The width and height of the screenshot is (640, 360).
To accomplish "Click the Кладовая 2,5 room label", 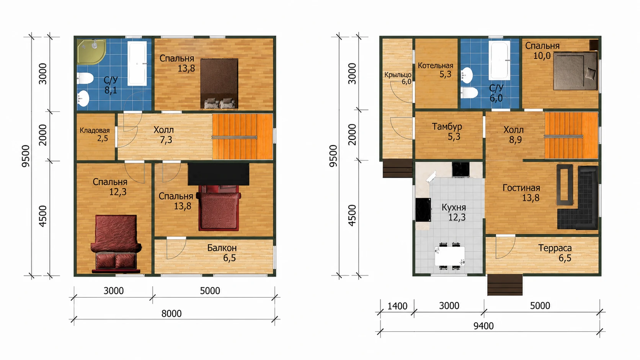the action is tap(95, 134).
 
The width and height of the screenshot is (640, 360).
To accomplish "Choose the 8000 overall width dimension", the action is tap(171, 313).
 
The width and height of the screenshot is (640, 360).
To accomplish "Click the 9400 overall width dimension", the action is tap(483, 326).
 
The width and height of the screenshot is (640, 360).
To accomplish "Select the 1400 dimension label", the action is tap(397, 306).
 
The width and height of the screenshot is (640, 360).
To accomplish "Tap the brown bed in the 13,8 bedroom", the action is tap(219, 84).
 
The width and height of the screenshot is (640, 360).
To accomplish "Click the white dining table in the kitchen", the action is tap(449, 256).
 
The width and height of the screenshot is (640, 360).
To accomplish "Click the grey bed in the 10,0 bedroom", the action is tap(575, 71).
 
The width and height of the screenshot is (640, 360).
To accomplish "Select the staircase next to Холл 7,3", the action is tap(242, 137).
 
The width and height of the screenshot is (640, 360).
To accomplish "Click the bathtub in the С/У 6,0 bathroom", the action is tap(500, 60).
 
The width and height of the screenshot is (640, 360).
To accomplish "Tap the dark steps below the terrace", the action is tap(505, 285).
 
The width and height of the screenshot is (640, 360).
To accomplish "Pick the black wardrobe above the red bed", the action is tap(218, 174).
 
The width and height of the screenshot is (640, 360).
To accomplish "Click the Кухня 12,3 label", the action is tap(454, 212).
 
